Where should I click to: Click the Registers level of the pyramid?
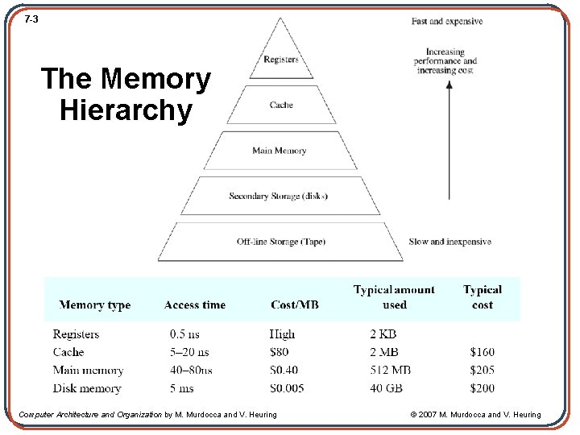point(281,59)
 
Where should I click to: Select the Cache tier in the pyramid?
point(281,105)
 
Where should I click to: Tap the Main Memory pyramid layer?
point(280,151)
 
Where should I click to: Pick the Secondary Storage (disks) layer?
point(279,196)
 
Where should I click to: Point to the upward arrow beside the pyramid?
point(448,137)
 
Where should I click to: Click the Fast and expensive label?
point(447,21)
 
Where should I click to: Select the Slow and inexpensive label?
point(450,242)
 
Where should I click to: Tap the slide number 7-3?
point(31,19)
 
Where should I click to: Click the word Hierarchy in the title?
point(126,110)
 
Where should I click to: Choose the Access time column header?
point(194,305)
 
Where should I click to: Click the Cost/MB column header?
point(295,305)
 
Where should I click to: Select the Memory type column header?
point(95,305)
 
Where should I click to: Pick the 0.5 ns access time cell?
point(184,334)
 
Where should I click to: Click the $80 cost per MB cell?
point(279,352)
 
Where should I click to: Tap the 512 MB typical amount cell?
point(390,371)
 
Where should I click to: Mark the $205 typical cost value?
point(483,371)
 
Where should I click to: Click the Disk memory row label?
point(87,388)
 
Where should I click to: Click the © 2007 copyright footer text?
point(475,415)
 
